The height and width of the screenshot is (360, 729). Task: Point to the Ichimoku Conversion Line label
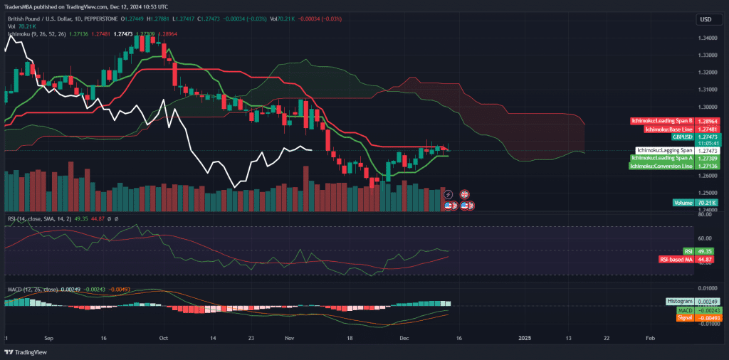[x=661, y=166]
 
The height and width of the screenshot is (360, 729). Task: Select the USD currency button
[x=706, y=19]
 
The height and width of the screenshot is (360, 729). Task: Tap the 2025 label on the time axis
[x=525, y=339]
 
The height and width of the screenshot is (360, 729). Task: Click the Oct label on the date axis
[x=163, y=339]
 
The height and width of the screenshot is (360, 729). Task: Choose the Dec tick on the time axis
[x=404, y=339]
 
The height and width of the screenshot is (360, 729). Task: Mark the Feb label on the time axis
[x=650, y=339]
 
